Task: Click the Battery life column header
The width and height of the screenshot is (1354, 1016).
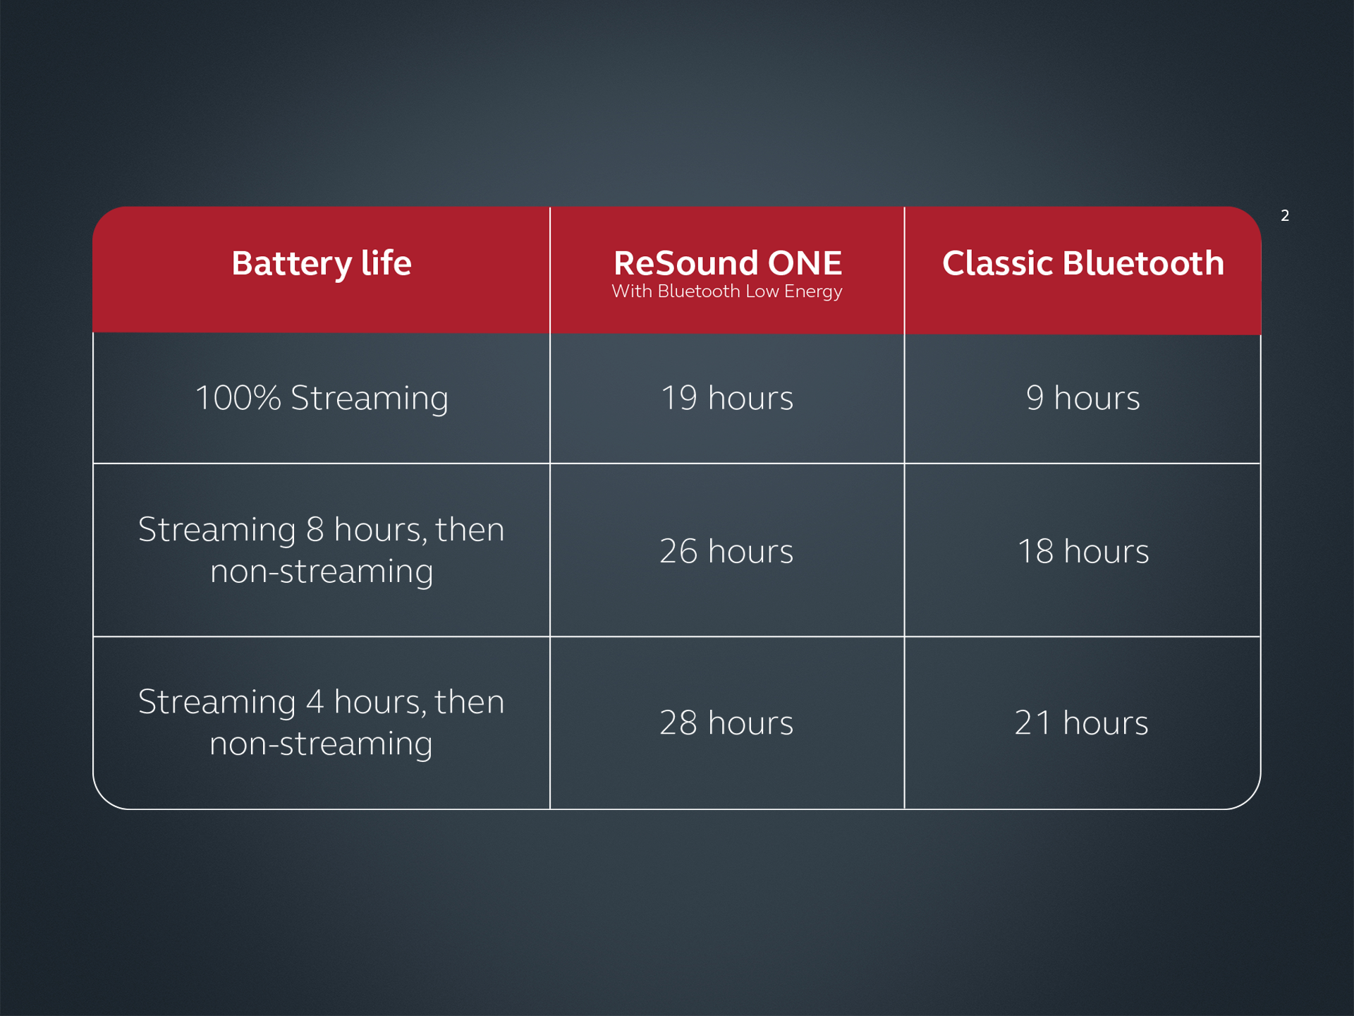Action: point(321,264)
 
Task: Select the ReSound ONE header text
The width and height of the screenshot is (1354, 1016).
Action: point(727,263)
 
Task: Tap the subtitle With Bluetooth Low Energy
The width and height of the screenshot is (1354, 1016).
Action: point(726,291)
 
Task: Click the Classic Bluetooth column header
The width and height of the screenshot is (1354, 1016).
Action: point(1082,264)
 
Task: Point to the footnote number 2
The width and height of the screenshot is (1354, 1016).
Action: point(1284,216)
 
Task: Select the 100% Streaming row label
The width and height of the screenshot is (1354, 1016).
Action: point(321,398)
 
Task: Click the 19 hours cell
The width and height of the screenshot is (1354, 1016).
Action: point(726,398)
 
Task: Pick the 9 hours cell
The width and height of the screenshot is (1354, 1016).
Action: point(1082,398)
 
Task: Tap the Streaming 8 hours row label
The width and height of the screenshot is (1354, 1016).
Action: point(321,550)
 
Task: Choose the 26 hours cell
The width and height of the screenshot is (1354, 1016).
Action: point(726,551)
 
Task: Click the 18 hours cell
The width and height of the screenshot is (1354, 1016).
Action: point(1082,551)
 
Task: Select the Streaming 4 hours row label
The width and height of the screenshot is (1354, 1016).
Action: point(321,722)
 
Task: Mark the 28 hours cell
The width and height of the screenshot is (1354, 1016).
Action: point(726,723)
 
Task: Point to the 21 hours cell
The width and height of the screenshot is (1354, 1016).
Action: point(1081,723)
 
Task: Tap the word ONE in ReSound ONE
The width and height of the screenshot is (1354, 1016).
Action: point(805,263)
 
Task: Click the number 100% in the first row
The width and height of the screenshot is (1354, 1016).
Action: point(238,398)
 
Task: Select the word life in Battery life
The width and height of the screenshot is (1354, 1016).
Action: point(386,263)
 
